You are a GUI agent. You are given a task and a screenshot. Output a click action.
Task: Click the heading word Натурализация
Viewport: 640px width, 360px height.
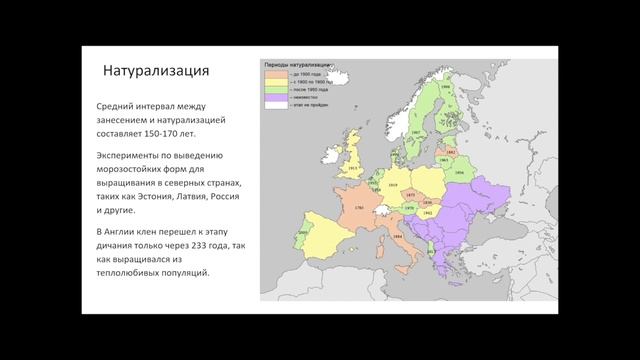157,71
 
